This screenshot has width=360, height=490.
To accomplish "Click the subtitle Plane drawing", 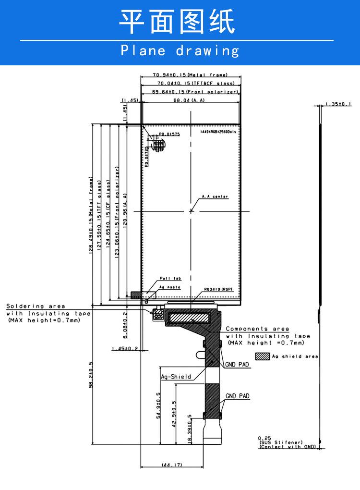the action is click(180, 50).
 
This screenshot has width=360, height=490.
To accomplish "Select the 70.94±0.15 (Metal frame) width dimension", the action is click(190, 75).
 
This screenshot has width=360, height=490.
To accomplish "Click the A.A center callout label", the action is click(215, 197).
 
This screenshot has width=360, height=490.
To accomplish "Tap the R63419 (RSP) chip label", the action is click(218, 290).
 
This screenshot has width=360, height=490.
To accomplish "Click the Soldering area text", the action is click(36, 306).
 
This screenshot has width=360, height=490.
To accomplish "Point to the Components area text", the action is click(257, 329).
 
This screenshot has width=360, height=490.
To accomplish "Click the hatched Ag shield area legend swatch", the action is click(263, 356).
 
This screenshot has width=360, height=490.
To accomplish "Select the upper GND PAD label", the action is click(237, 365).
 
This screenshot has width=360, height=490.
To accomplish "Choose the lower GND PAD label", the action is click(237, 396).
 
